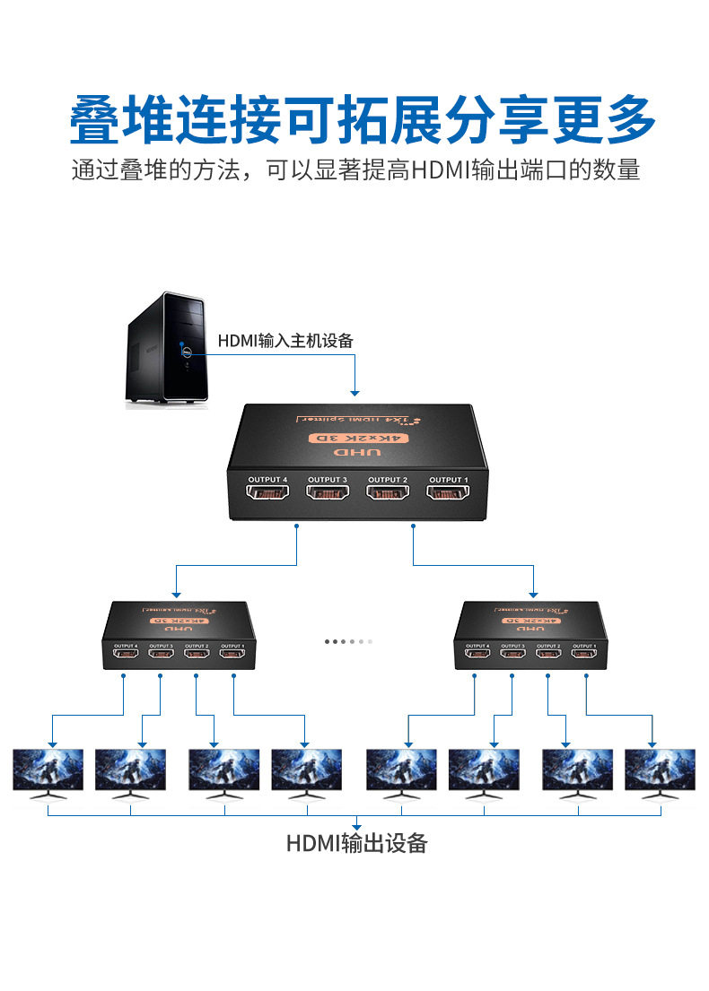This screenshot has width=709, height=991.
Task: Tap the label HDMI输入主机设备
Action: coord(285,341)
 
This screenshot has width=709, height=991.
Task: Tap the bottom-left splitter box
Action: coord(179,636)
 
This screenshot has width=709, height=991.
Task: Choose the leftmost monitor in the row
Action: coord(48,772)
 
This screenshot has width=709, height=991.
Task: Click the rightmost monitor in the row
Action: coord(660,772)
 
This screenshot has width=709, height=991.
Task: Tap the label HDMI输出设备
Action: coord(356,843)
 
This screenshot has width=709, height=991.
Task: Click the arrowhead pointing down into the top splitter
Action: coord(355,392)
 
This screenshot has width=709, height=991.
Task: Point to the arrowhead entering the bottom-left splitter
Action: coord(176,594)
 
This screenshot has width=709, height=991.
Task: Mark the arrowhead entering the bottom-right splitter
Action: coord(535,594)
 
